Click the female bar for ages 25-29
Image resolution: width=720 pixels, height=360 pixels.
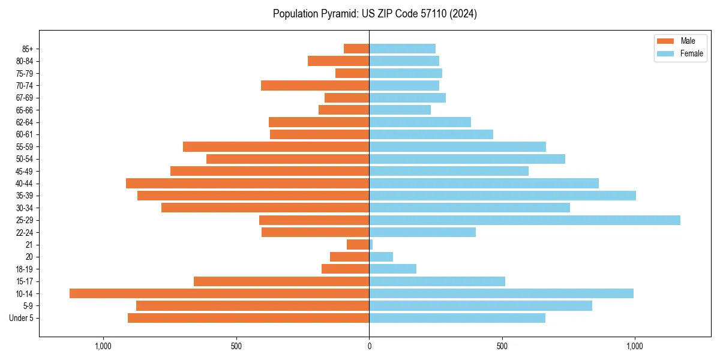click(524, 220)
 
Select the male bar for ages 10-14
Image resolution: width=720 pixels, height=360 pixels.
click(219, 293)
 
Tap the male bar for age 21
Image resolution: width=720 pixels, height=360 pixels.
click(358, 245)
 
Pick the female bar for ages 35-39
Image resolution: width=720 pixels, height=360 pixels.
click(502, 196)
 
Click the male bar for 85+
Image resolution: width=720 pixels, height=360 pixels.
click(356, 49)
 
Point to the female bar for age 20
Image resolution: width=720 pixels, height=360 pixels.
click(381, 257)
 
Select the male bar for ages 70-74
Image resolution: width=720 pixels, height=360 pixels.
click(315, 85)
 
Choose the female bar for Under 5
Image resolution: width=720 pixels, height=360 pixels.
click(457, 318)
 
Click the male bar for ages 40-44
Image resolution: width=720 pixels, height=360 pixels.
click(247, 183)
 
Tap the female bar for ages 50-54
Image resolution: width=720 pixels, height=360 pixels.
click(467, 159)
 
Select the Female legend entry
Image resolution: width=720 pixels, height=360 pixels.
click(681, 53)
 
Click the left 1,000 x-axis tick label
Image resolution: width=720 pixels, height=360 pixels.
click(103, 346)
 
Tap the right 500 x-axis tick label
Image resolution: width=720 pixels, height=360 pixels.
click(502, 346)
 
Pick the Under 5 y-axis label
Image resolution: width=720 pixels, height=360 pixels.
click(21, 318)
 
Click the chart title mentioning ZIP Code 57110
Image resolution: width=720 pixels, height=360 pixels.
click(374, 14)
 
